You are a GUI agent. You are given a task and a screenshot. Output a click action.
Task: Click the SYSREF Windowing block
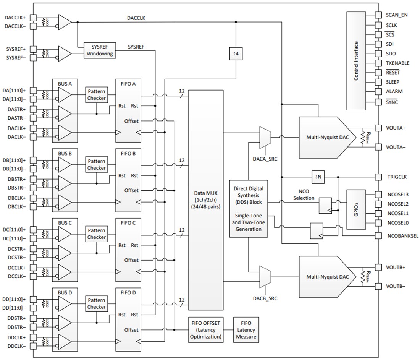100,50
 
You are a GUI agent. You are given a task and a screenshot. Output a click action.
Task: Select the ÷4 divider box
236,54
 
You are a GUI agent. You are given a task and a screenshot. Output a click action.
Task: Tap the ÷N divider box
318,177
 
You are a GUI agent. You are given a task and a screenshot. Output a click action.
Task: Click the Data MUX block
206,200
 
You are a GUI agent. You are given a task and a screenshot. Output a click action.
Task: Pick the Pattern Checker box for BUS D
97,304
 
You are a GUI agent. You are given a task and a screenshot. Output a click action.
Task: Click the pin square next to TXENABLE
378,63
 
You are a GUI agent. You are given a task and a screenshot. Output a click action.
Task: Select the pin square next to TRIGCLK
378,177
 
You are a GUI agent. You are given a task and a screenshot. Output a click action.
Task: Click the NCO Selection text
304,195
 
